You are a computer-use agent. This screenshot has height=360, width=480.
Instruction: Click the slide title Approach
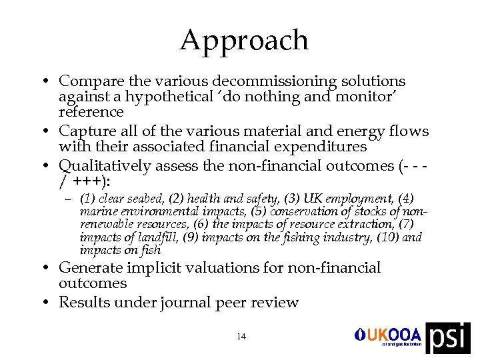pos(244,41)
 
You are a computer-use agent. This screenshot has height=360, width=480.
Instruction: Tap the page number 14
pos(241,337)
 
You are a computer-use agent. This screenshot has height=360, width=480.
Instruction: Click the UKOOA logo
pos(389,335)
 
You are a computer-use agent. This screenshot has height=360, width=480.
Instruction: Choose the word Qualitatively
pos(101,165)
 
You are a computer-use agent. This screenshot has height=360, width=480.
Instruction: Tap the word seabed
pos(146,199)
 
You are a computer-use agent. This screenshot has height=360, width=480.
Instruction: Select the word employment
pos(364,199)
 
